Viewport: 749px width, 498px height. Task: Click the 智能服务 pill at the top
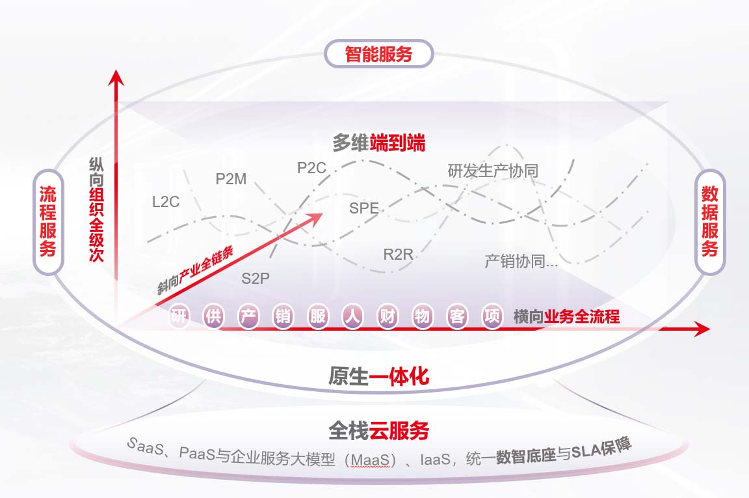pos(378,53)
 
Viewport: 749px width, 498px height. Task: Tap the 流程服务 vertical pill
pos(47,221)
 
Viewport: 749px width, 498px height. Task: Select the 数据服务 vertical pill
pos(709,221)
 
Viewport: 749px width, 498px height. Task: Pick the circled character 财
pos(388,317)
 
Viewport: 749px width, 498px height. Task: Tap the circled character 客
pos(457,317)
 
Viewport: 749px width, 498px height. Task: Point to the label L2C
pos(166,202)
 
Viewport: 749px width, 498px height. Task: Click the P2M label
pos(231,179)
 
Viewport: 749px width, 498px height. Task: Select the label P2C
pos(311,168)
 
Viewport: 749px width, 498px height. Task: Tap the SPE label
pos(364,209)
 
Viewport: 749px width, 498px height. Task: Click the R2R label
pos(398,254)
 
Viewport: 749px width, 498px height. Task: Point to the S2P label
pos(256,279)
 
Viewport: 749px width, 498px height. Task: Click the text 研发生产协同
pos(493,171)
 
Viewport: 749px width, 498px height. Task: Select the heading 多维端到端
pos(378,143)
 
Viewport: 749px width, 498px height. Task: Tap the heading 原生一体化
pos(378,376)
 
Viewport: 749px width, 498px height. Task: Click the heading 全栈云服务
pos(378,430)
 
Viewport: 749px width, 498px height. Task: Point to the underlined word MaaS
pos(371,460)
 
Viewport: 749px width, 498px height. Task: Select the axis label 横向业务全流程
pos(566,317)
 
